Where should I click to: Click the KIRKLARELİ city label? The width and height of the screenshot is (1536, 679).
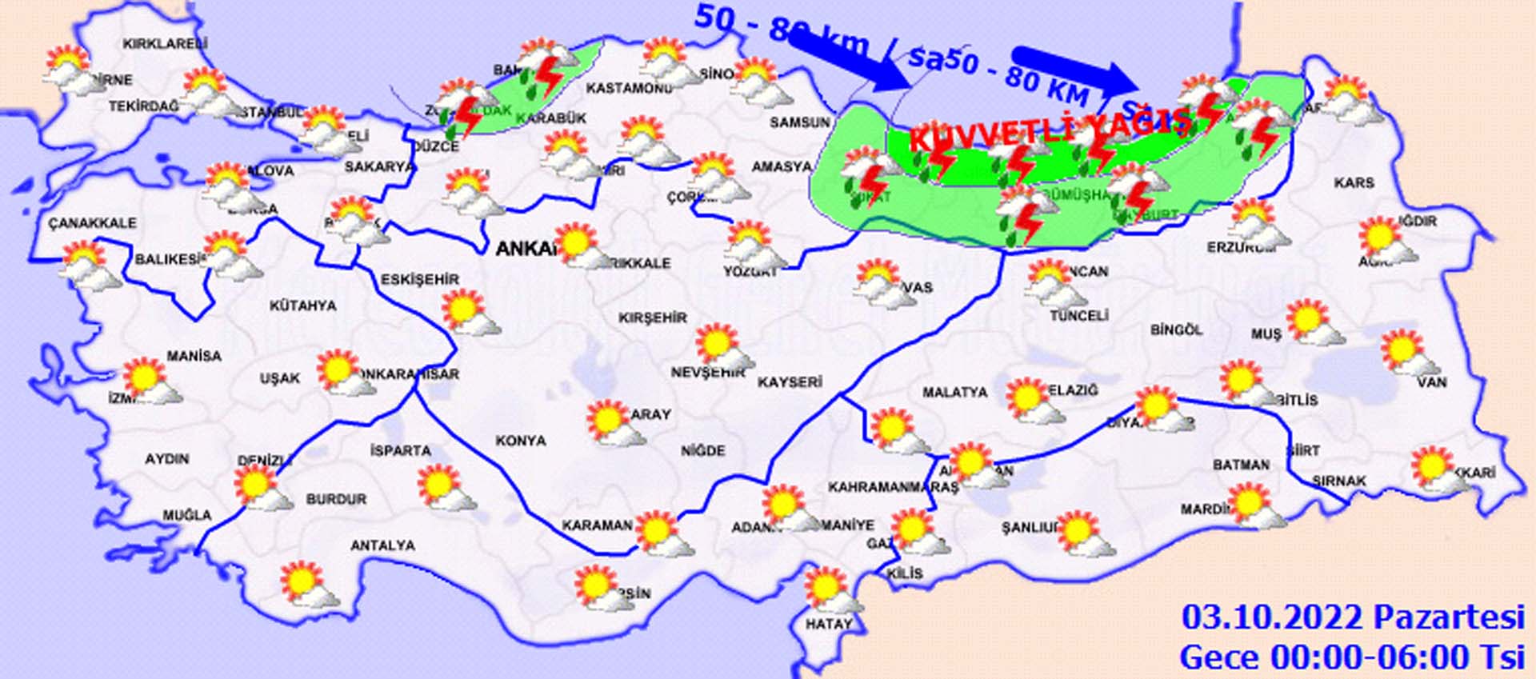tap(165, 45)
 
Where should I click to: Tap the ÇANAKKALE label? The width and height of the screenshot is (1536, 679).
tap(92, 223)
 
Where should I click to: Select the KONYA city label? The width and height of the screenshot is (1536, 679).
tap(521, 441)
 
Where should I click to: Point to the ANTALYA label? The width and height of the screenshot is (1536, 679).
tap(383, 545)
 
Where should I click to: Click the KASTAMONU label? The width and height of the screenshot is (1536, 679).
tap(628, 88)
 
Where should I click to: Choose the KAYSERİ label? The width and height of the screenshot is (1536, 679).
tap(790, 382)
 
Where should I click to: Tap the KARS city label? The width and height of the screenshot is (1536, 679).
tap(1354, 183)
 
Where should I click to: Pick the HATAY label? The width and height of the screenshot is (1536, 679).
tap(828, 624)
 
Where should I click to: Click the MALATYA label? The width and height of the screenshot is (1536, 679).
tap(954, 393)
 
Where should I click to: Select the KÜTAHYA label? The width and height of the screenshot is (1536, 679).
tap(302, 306)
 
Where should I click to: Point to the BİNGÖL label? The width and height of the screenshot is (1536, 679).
tap(1176, 330)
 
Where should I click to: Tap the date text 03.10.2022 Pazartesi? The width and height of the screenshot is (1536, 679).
tap(1353, 618)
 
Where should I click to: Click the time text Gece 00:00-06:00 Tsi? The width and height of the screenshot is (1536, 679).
tap(1352, 657)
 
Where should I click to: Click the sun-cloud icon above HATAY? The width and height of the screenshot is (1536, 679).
tap(830, 590)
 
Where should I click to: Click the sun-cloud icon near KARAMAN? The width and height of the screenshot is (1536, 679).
tap(661, 533)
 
